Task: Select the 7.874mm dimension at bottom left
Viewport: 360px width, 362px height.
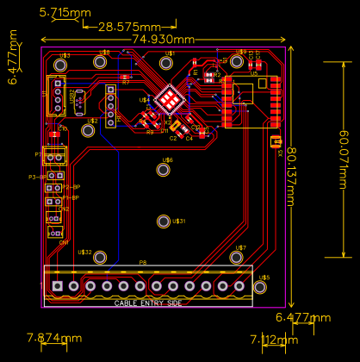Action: click(54, 337)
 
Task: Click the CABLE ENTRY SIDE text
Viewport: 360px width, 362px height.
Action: click(148, 303)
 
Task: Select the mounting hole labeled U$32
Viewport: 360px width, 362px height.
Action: click(100, 257)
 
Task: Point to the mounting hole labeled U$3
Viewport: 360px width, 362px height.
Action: click(61, 65)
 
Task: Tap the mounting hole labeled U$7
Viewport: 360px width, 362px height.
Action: click(237, 257)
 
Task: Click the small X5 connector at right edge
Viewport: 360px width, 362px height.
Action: click(276, 141)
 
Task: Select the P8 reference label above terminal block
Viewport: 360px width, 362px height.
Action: click(143, 263)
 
